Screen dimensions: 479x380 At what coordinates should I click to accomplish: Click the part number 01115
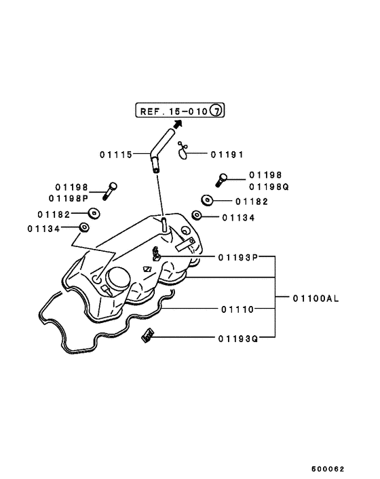click(116, 154)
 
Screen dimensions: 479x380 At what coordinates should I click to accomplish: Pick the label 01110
click(237, 309)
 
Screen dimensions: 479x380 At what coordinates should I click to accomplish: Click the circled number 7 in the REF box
click(216, 111)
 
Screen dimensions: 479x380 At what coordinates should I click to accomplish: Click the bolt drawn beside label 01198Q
click(221, 180)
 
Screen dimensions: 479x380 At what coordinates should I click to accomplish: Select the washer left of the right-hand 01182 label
click(206, 200)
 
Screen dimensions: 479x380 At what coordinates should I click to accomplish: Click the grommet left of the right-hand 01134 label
click(196, 216)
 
